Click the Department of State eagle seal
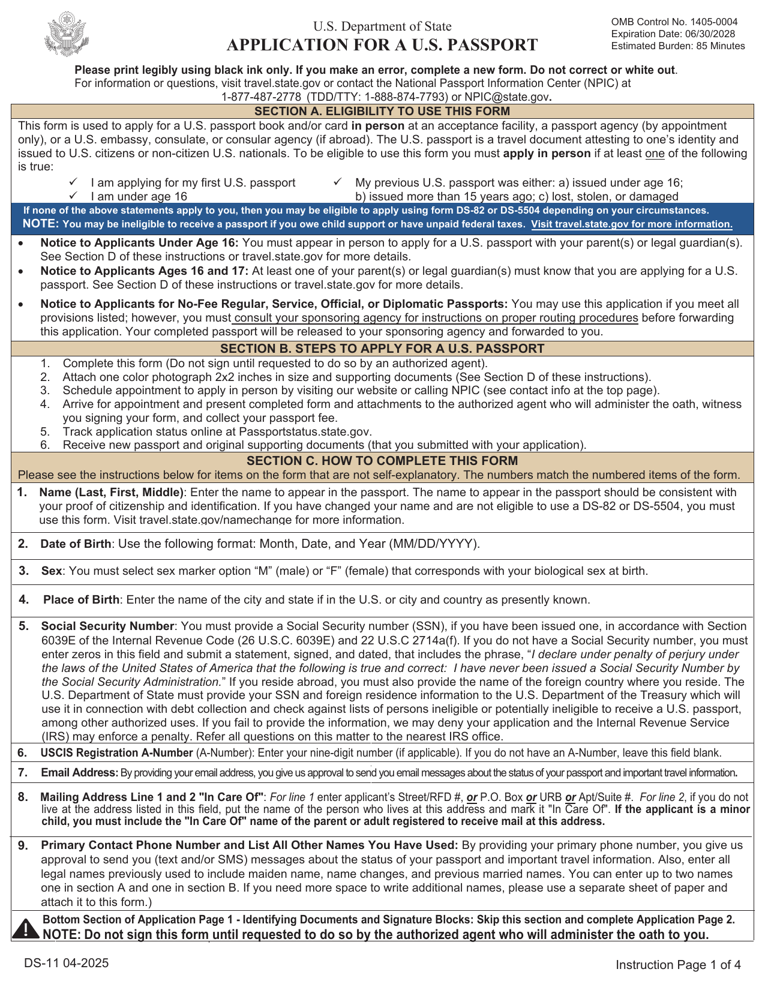click(x=67, y=34)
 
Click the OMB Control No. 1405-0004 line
click(x=674, y=22)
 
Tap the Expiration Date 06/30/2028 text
click(x=673, y=34)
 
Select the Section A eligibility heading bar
click(x=382, y=111)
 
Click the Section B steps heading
click(x=382, y=349)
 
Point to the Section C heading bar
click(x=382, y=461)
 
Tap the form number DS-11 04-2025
click(x=67, y=963)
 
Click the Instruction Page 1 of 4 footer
click(x=678, y=965)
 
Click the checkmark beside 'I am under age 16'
click(x=73, y=196)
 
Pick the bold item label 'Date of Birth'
click(x=76, y=544)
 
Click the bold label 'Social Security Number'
click(x=108, y=626)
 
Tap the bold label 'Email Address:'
click(x=79, y=773)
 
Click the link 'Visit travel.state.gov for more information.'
click(x=632, y=224)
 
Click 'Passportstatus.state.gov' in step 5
click(x=305, y=432)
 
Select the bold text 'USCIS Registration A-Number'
click(x=116, y=753)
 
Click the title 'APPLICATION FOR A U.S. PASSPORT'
click(x=382, y=45)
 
